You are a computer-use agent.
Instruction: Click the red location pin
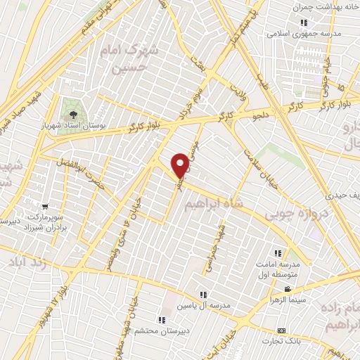point(181,165)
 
